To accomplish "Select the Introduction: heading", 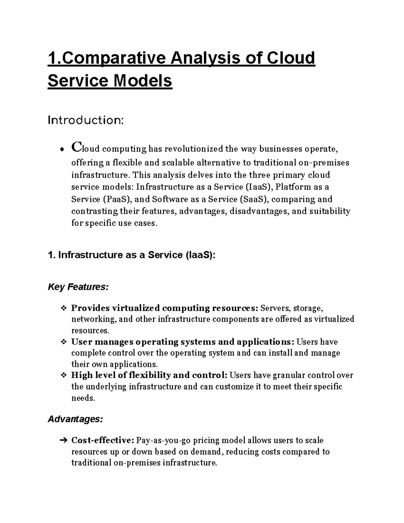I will (86, 120).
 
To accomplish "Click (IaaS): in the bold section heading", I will (200, 255).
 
